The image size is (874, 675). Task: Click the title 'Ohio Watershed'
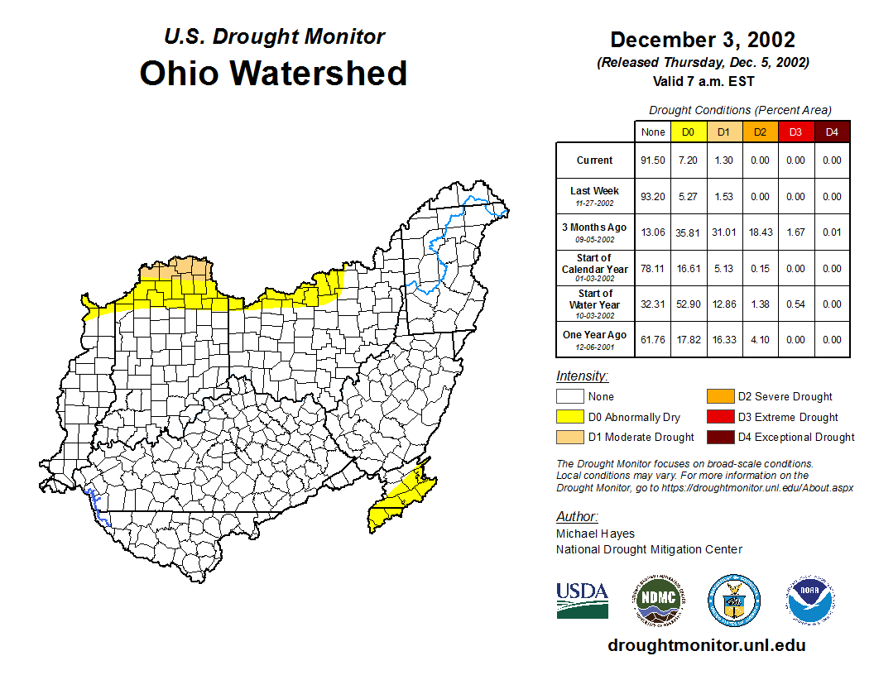(x=273, y=73)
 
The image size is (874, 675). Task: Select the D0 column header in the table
(x=688, y=132)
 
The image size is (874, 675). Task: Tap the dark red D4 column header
(x=832, y=132)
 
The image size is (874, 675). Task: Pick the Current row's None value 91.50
(x=653, y=160)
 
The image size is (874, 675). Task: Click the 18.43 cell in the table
(x=760, y=232)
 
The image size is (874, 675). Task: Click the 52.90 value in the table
(x=688, y=304)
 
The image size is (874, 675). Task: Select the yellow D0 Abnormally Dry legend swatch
(x=569, y=418)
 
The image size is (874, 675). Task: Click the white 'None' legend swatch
(x=569, y=397)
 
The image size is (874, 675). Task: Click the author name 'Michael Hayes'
(x=594, y=534)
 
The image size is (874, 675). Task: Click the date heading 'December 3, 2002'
(x=703, y=40)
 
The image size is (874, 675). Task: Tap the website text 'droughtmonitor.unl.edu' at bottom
(x=706, y=645)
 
